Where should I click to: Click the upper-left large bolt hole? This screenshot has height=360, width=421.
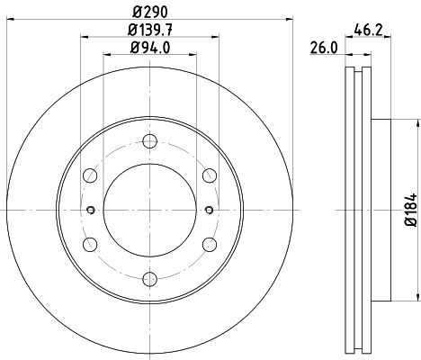tap(91, 175)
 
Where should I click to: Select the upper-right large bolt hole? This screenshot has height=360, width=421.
tap(209, 175)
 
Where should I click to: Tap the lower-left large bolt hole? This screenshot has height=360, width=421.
tap(91, 244)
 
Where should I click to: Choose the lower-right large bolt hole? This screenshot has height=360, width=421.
tap(209, 244)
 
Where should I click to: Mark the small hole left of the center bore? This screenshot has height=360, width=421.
tap(90, 211)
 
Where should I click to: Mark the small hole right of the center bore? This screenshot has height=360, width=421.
tap(210, 211)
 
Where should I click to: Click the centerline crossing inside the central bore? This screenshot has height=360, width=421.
tap(149, 211)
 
